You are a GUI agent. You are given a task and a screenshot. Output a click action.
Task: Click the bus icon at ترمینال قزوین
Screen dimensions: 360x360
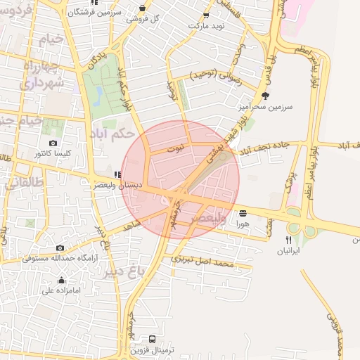(x=153, y=339)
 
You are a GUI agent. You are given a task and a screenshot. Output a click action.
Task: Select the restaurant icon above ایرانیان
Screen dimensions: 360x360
(x=289, y=240)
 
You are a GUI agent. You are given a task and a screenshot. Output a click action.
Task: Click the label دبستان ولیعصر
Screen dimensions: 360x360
(x=119, y=186)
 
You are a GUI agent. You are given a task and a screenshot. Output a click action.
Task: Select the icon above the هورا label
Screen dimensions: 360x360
(x=243, y=213)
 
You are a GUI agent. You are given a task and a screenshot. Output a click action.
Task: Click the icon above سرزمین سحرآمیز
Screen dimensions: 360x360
(x=265, y=96)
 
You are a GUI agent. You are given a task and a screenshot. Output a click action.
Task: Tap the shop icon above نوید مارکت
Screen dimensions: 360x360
(x=206, y=15)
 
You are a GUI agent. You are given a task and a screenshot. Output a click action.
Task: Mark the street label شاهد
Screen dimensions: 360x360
(x=131, y=224)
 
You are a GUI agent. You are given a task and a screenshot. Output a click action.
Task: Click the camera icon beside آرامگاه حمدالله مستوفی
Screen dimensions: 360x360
(x=60, y=247)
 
